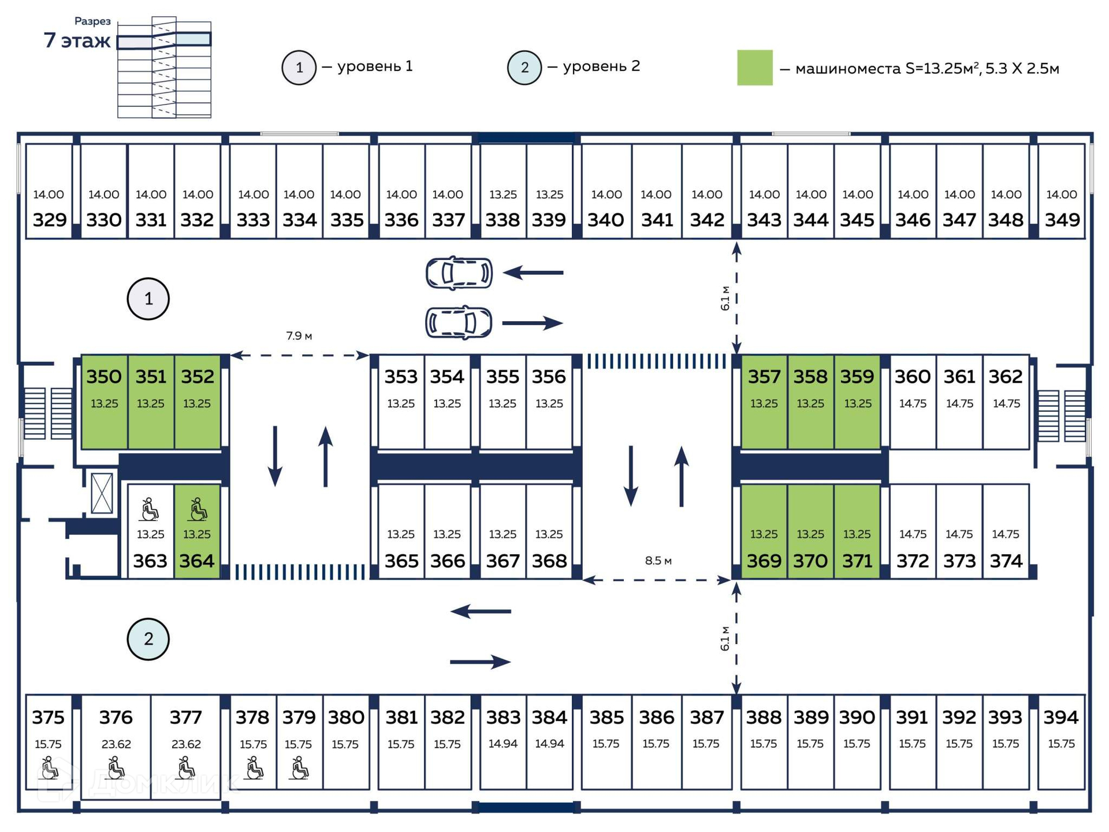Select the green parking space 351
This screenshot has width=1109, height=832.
[x=151, y=401]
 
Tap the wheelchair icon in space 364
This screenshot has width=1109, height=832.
[x=198, y=510]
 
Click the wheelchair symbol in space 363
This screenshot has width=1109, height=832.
[x=150, y=510]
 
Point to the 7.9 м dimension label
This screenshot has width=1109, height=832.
[x=299, y=336]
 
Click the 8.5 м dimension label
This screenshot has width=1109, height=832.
[x=658, y=560]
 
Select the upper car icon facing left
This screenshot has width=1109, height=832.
[x=459, y=273]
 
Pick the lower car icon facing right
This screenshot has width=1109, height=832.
[x=459, y=322]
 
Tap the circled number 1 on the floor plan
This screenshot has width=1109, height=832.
[x=148, y=299]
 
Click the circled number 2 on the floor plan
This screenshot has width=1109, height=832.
[x=148, y=639]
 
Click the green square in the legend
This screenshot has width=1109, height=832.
[x=755, y=68]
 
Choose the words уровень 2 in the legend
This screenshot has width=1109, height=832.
[x=601, y=66]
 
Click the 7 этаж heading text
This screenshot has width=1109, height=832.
[x=77, y=40]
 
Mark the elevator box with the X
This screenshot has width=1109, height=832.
[x=102, y=493]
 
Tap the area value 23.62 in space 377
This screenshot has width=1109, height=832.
[x=186, y=744]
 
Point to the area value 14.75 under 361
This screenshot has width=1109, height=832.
[x=959, y=404]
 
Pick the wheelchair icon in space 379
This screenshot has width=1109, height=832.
[x=299, y=768]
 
